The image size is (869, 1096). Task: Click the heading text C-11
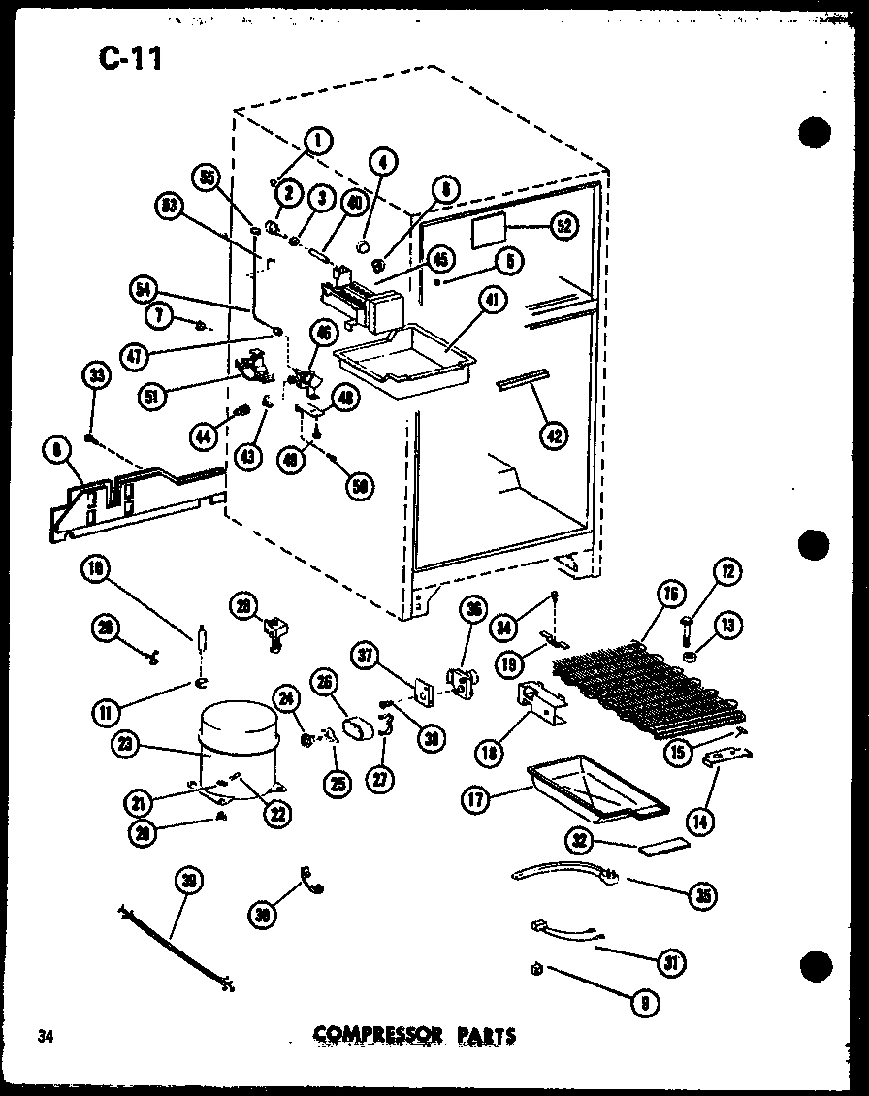coord(129,59)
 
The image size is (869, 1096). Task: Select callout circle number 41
coord(493,302)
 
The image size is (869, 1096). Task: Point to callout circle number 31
coord(670,961)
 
